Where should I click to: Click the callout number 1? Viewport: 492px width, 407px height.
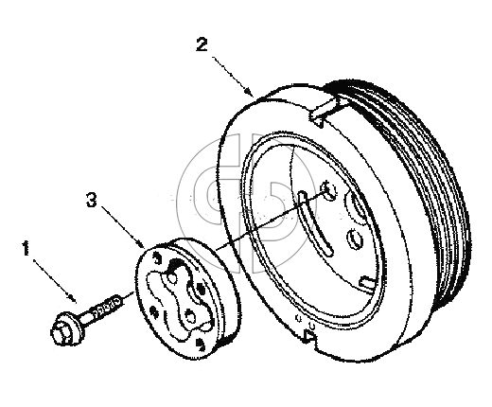click(x=26, y=248)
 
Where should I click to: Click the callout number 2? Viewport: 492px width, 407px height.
click(x=202, y=44)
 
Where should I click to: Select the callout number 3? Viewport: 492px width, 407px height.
click(x=92, y=200)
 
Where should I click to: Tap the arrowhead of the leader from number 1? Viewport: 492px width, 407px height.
click(x=73, y=298)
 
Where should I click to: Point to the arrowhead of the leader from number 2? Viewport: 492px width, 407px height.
click(x=250, y=91)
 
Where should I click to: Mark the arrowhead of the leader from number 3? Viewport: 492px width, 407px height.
click(x=141, y=244)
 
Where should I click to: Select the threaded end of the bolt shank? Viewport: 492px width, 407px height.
click(x=107, y=307)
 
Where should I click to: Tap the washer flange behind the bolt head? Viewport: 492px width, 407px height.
click(x=72, y=327)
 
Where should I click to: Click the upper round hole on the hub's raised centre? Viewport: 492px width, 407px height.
click(x=172, y=278)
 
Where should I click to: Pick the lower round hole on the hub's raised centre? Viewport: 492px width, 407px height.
click(x=190, y=315)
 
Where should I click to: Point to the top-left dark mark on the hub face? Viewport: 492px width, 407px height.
click(x=156, y=257)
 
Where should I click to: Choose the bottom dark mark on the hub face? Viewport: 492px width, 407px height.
click(x=200, y=345)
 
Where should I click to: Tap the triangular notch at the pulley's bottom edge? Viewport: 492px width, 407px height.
click(x=309, y=336)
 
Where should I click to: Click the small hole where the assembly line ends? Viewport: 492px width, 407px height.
click(x=329, y=190)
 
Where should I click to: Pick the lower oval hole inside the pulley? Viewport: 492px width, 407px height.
click(x=355, y=239)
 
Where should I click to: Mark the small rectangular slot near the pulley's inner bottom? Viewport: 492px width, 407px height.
click(x=368, y=281)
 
